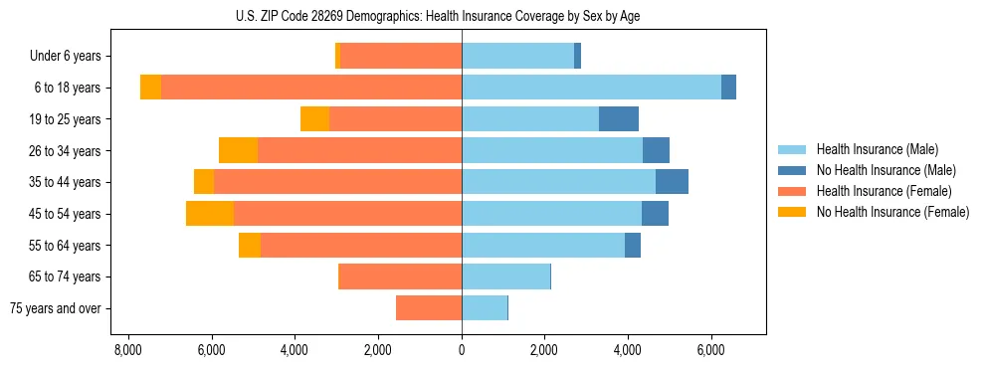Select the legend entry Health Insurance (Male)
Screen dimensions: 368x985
click(x=871, y=149)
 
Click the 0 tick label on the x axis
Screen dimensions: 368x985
click(x=462, y=351)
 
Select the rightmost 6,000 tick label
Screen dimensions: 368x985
click(x=710, y=351)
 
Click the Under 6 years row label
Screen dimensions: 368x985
click(x=72, y=57)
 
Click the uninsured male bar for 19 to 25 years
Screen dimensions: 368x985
click(x=619, y=119)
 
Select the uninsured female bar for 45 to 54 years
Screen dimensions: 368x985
click(x=210, y=214)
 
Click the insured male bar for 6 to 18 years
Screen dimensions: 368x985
click(x=591, y=88)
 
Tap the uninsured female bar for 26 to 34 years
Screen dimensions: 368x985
click(x=238, y=150)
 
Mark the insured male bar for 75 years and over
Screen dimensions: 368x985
click(x=485, y=308)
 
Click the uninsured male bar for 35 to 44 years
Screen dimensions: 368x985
click(x=672, y=182)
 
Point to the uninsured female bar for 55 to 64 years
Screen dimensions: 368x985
click(x=250, y=246)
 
